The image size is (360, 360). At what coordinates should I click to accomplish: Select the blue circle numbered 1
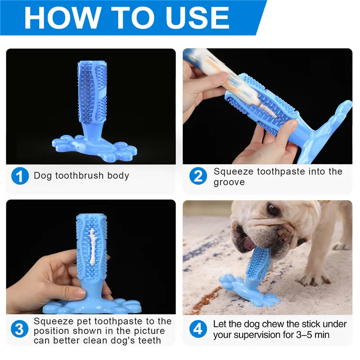[20, 175]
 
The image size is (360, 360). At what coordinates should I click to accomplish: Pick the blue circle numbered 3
[20, 329]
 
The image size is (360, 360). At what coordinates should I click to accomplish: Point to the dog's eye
[273, 210]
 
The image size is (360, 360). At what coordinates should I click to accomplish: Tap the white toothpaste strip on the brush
[93, 247]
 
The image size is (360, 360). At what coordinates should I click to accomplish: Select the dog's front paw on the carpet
[315, 279]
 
